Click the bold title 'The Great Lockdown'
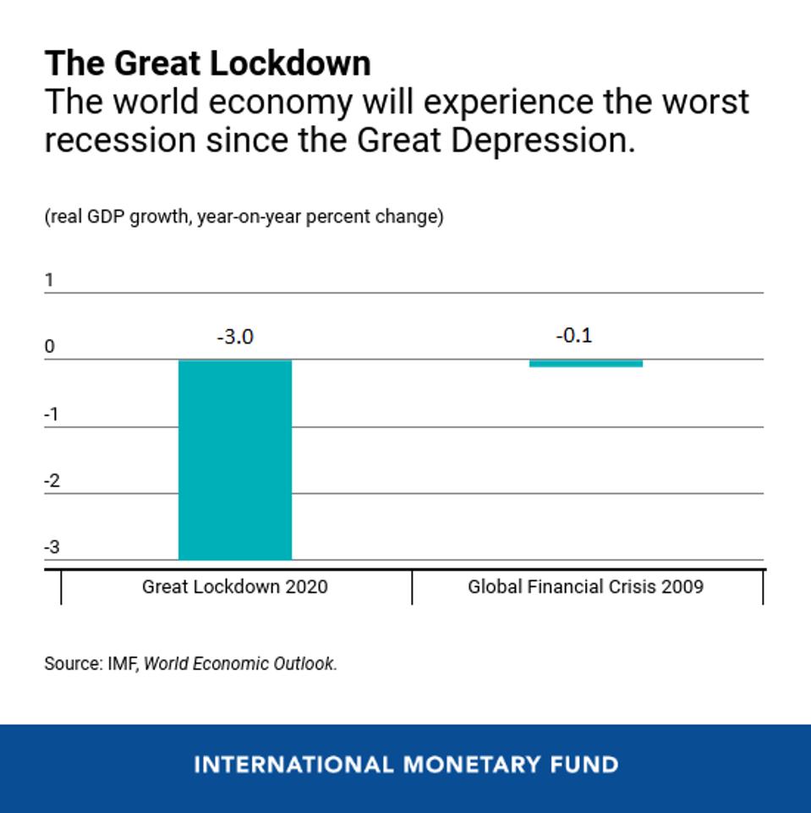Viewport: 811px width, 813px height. pos(207,63)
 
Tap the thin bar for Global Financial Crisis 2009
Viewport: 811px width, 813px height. pos(585,364)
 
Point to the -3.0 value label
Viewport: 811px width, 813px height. pos(234,337)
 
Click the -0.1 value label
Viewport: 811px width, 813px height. pos(574,335)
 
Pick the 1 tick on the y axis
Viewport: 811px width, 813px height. pos(49,280)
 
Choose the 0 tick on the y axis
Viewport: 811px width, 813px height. pos(49,347)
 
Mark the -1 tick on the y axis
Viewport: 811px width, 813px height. pos(52,415)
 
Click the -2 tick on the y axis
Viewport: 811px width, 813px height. pos(52,481)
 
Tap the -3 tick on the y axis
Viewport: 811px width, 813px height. pos(52,547)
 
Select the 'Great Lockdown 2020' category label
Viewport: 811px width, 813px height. pos(234,586)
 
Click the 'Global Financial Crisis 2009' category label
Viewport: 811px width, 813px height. pos(585,586)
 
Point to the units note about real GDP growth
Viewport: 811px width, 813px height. pos(244,217)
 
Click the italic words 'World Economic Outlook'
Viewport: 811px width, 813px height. pos(240,664)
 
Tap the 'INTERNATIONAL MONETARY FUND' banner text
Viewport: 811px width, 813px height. pos(406,766)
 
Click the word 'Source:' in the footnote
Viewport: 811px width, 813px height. pos(73,664)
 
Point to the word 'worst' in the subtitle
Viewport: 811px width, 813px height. pos(705,102)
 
